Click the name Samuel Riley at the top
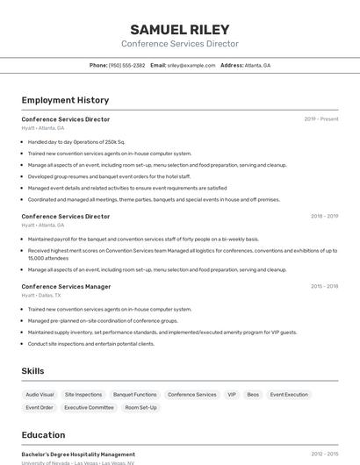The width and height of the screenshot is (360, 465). pos(180,29)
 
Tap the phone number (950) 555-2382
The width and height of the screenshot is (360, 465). pos(126,65)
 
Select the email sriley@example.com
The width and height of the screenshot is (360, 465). pos(191,65)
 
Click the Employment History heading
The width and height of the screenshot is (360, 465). pos(65,100)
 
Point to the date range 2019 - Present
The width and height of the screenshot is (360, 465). pos(321,119)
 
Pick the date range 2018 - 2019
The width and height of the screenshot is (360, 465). pos(324,216)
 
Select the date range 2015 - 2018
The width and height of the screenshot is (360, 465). pos(324,286)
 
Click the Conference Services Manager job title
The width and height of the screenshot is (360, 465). pos(66,286)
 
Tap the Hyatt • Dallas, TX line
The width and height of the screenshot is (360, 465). pos(41,296)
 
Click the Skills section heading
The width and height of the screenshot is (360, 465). pos(32,371)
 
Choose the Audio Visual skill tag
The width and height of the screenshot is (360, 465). pos(40,395)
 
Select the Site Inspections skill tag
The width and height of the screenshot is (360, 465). pos(83,395)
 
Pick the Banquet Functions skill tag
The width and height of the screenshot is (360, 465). pos(135,395)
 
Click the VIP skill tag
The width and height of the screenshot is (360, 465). pos(232,395)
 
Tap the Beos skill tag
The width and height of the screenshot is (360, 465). pos(253,395)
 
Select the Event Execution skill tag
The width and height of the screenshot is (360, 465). pos(289,395)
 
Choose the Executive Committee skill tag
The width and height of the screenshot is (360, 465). pos(89,407)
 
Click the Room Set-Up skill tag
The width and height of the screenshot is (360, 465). pos(140,407)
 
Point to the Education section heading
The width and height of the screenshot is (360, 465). pos(43,435)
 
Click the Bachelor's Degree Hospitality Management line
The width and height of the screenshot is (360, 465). pos(78,454)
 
